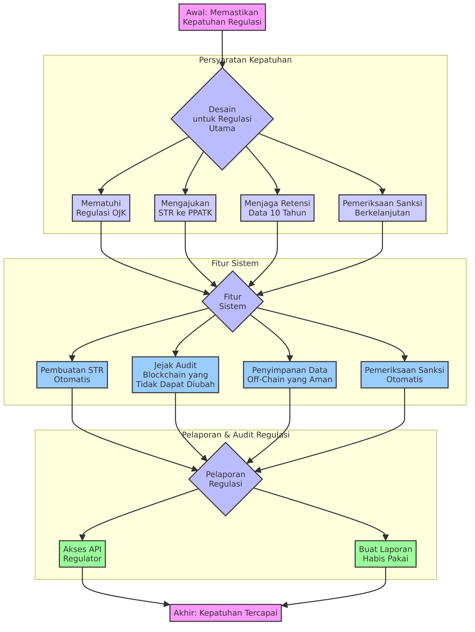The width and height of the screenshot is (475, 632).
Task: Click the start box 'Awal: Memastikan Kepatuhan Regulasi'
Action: pyautogui.click(x=222, y=17)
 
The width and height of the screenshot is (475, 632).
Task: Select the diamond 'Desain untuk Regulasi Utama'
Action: pyautogui.click(x=222, y=119)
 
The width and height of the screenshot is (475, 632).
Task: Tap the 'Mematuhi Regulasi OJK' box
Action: pyautogui.click(x=101, y=208)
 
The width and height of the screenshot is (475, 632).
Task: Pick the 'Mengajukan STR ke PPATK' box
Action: pyautogui.click(x=185, y=208)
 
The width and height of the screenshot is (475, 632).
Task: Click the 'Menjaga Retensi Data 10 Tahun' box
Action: pyautogui.click(x=277, y=208)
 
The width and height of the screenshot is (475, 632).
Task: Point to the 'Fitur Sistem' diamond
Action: pyautogui.click(x=232, y=301)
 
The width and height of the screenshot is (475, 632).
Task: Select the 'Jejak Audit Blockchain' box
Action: pyautogui.click(x=175, y=375)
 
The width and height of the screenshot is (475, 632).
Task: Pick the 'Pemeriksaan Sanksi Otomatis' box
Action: pyautogui.click(x=405, y=375)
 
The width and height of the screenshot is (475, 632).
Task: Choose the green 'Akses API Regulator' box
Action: pyautogui.click(x=82, y=554)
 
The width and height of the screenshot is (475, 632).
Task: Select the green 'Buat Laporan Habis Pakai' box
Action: pyautogui.click(x=386, y=554)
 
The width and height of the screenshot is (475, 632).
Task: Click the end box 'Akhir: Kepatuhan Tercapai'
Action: pyautogui.click(x=226, y=613)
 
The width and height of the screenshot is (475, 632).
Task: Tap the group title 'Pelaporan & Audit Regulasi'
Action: pyautogui.click(x=236, y=435)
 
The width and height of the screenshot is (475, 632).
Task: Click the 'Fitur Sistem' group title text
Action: pyautogui.click(x=235, y=263)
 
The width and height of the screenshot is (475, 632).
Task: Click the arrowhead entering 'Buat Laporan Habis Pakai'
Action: pyautogui.click(x=386, y=537)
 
